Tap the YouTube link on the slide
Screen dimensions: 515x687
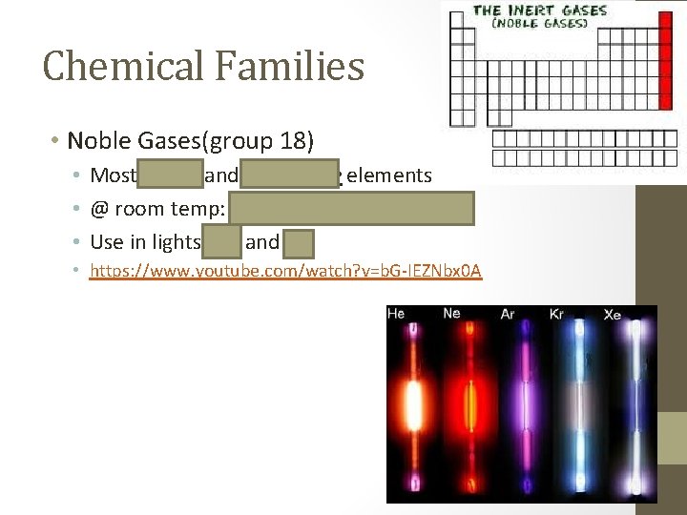point(285,272)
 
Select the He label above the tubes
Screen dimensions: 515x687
point(396,313)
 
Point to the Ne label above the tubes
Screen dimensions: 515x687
point(451,313)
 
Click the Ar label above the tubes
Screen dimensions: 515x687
point(508,314)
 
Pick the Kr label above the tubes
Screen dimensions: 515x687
point(557,314)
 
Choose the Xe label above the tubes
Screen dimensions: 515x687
point(613,314)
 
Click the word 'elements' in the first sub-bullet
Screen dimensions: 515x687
point(390,175)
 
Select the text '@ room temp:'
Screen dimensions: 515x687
point(156,209)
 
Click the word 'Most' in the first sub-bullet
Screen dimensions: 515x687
point(112,175)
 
